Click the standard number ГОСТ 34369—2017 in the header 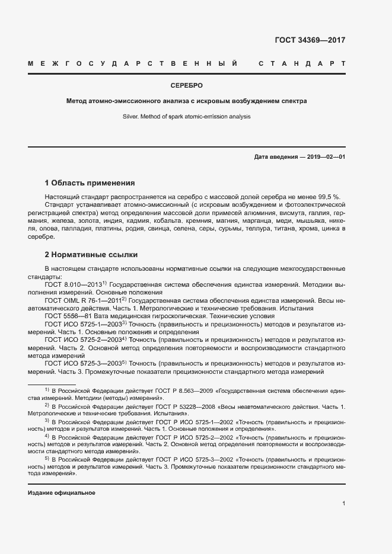point(310,40)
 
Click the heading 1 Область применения point(90,182)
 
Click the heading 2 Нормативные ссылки point(91,255)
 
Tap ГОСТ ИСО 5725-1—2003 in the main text point(83,325)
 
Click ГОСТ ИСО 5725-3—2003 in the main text point(83,363)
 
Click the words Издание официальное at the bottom point(62,493)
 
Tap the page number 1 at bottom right point(343,504)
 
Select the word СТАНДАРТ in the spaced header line point(302,63)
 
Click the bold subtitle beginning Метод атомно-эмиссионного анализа point(187,101)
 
